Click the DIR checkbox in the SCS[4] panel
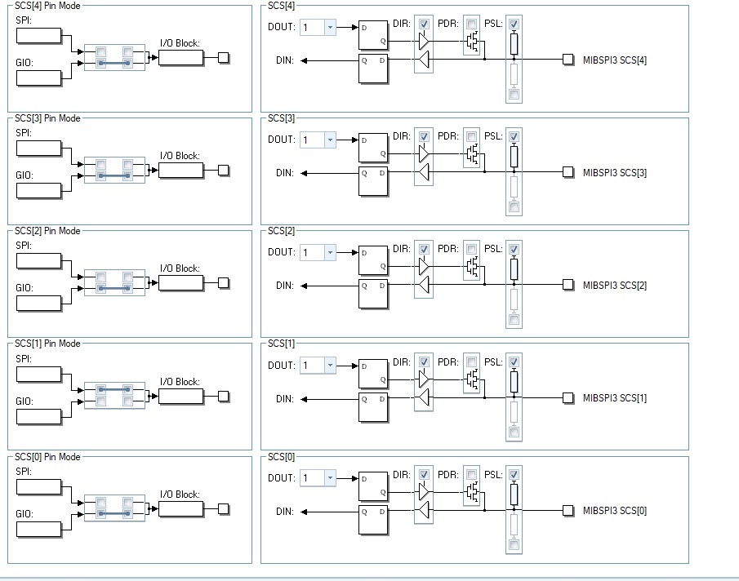tap(424, 24)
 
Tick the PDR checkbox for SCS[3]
tap(471, 136)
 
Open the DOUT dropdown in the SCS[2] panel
tap(318, 252)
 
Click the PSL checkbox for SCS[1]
tap(514, 362)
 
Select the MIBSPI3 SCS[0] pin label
tap(615, 511)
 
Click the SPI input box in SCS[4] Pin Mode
tap(38, 36)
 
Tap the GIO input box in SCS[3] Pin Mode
tap(38, 191)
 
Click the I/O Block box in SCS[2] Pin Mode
tap(181, 283)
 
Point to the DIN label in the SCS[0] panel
tap(285, 512)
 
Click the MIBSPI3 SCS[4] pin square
tap(568, 60)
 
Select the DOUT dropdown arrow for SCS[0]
tap(330, 478)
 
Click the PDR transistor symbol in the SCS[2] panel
tap(473, 267)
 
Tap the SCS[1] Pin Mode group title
tap(47, 344)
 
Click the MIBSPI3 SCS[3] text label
tap(615, 173)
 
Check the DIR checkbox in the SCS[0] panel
tap(424, 475)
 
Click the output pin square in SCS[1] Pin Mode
tap(224, 397)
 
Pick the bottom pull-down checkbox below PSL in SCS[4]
tap(514, 95)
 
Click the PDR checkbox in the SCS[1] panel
tap(471, 362)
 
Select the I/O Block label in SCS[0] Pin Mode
tap(180, 495)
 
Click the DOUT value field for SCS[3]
tap(312, 140)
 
